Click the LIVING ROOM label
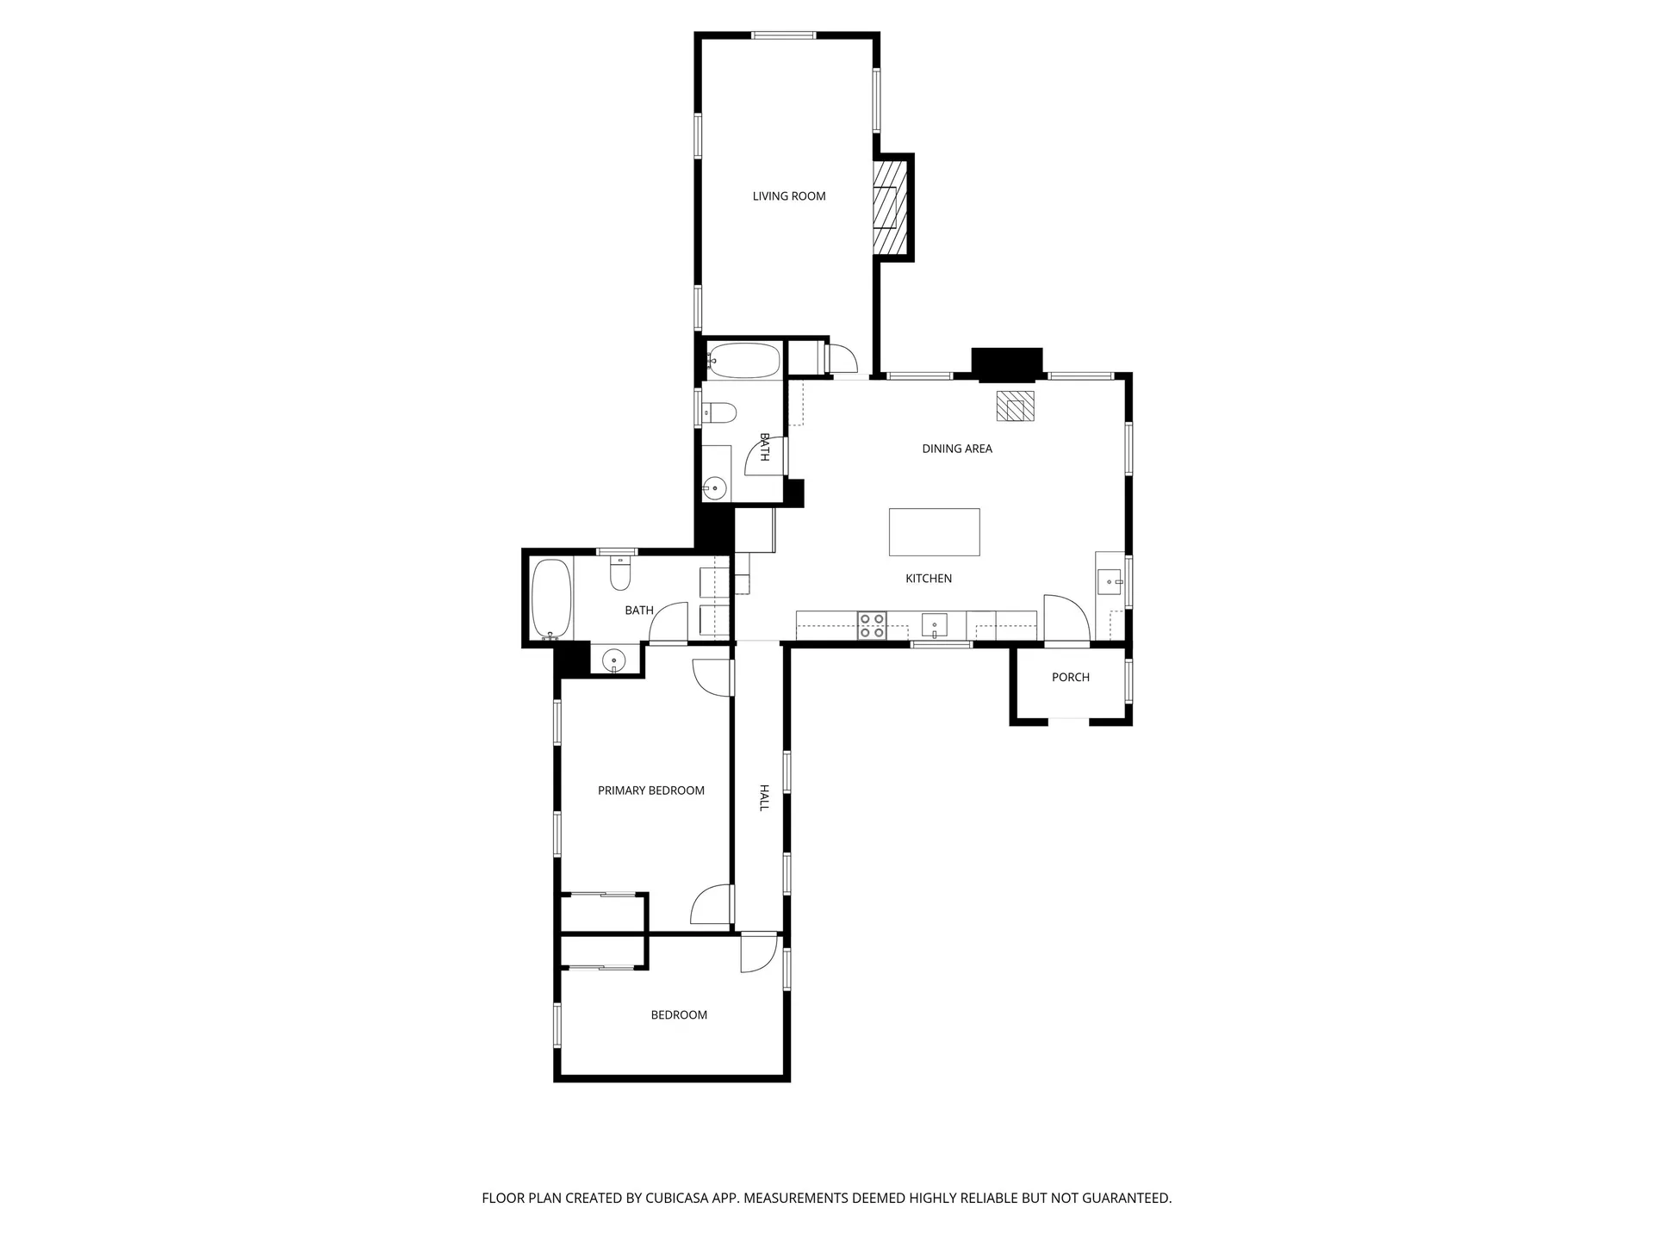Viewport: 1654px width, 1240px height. tap(788, 196)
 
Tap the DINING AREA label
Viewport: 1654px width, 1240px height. tap(956, 449)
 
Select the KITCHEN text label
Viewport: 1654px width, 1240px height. tap(928, 579)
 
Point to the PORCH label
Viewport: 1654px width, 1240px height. tap(1070, 678)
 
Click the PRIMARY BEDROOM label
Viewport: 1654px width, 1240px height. tap(650, 790)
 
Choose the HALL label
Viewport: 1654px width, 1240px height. tap(763, 797)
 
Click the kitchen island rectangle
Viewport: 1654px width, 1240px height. tap(934, 532)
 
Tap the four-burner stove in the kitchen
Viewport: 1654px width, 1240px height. tap(872, 625)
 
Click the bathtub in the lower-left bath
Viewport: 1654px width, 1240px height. tap(550, 598)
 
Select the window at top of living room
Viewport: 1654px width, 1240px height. tap(783, 35)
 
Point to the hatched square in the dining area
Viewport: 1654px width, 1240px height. tap(1015, 406)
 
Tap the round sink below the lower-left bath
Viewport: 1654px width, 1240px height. tap(614, 660)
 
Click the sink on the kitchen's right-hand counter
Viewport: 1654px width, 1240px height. tap(1110, 583)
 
